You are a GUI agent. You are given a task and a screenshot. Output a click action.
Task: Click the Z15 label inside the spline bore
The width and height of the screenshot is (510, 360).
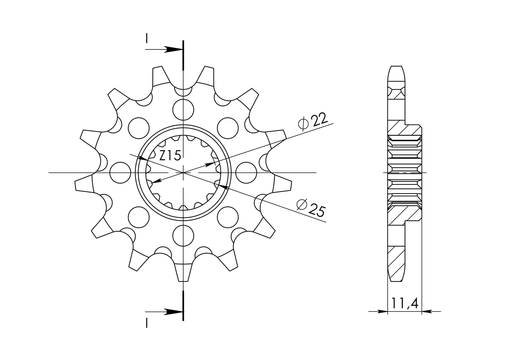170,155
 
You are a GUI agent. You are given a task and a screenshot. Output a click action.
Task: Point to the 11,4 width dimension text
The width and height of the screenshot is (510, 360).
404,303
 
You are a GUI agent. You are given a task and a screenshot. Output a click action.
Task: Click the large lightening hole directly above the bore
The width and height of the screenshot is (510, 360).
183,110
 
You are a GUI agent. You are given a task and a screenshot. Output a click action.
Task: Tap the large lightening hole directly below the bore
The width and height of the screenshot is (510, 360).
183,236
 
